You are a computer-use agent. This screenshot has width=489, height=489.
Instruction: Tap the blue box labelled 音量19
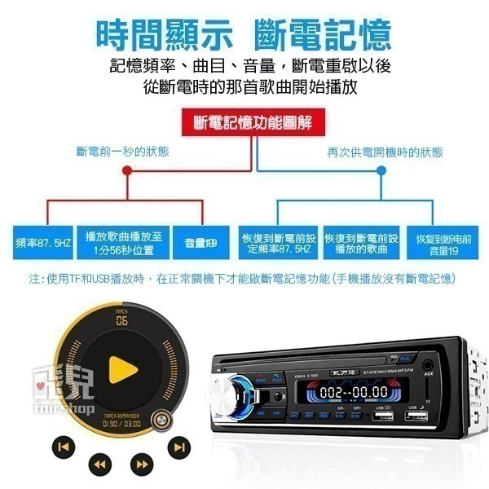tap(200, 242)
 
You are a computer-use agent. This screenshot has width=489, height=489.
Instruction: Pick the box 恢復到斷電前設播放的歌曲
tap(361, 242)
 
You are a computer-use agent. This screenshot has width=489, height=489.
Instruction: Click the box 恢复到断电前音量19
tap(443, 242)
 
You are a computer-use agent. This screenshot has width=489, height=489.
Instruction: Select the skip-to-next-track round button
tap(178, 446)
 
